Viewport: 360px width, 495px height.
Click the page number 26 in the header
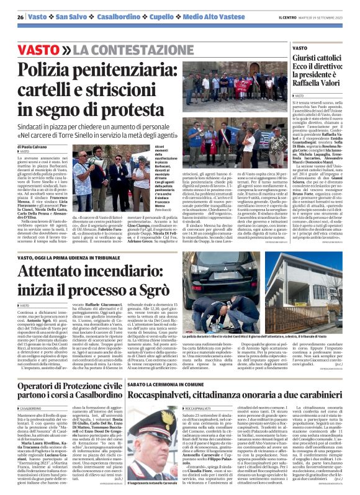pos(20,17)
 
